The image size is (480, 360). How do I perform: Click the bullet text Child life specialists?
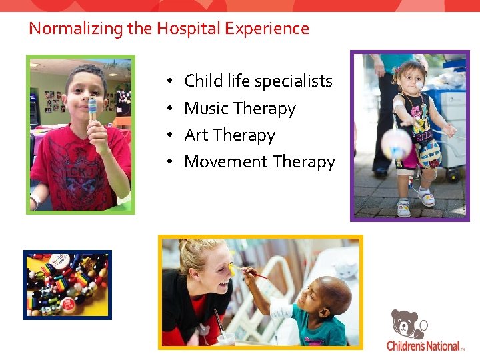(258, 81)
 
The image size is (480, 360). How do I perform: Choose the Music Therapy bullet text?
(240, 108)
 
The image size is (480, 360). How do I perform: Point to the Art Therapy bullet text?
(229, 135)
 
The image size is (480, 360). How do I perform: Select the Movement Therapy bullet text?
(259, 162)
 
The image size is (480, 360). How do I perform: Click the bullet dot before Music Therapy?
(171, 108)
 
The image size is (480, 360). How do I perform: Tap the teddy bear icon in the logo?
(407, 324)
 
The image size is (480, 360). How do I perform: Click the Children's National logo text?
(423, 346)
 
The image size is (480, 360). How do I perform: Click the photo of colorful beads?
(67, 285)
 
